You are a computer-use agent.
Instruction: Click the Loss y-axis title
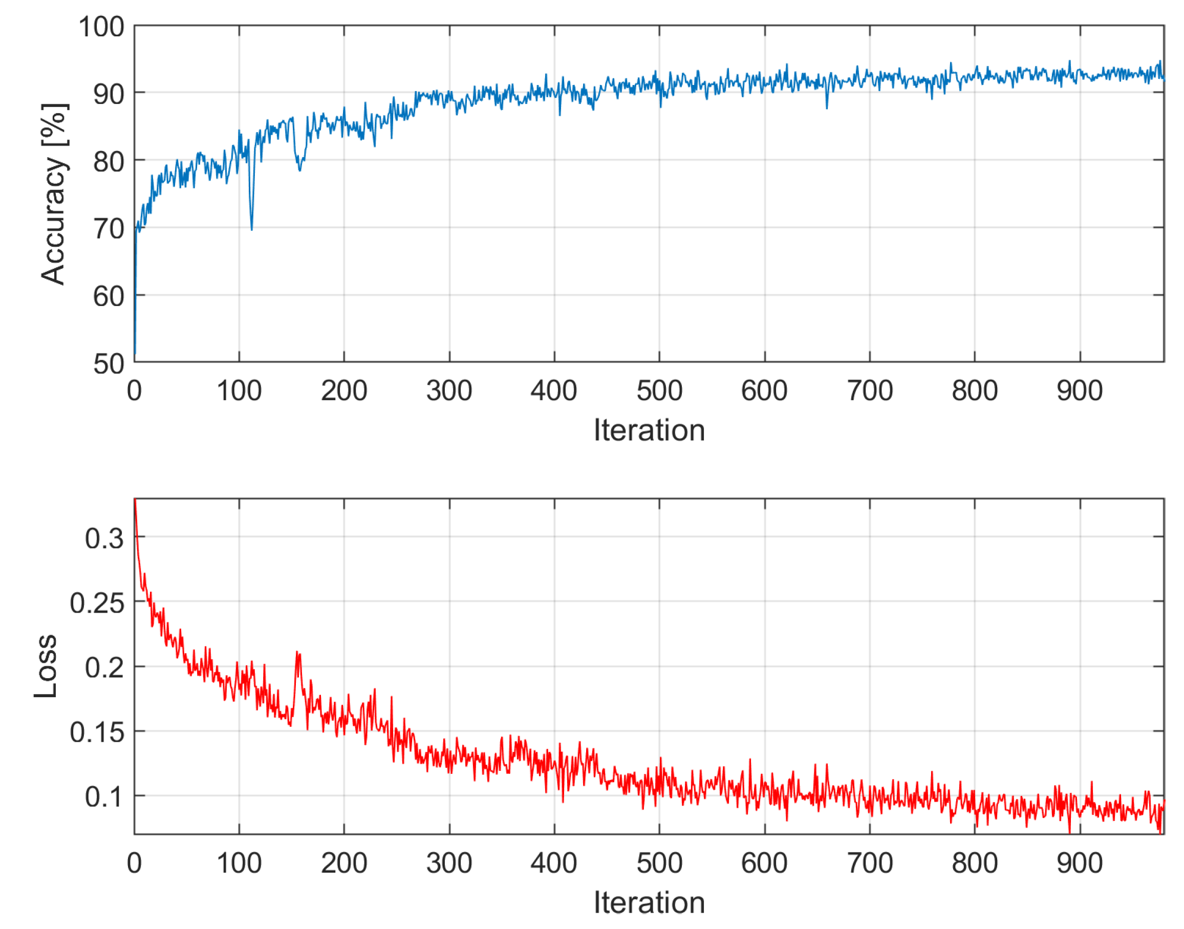(x=46, y=666)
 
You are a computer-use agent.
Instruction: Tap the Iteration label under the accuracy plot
(x=649, y=430)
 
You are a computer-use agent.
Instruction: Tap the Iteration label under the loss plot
(x=649, y=903)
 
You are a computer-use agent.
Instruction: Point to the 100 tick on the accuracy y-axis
(x=102, y=27)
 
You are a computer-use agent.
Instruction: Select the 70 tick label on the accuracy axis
(x=109, y=229)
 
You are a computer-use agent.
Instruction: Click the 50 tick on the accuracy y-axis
(x=109, y=363)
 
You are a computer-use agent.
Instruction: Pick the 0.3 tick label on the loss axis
(x=104, y=538)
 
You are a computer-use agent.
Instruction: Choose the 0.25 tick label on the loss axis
(x=97, y=603)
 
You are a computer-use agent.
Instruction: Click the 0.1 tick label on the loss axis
(x=104, y=797)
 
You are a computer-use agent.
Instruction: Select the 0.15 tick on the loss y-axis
(x=97, y=732)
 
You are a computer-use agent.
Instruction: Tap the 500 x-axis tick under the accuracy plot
(x=659, y=391)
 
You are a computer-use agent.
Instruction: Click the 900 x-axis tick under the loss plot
(x=1080, y=863)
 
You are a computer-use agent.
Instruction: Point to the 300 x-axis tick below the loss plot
(x=449, y=863)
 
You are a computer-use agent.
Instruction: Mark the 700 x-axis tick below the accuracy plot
(x=870, y=391)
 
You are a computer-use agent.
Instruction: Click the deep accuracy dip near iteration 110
(x=251, y=228)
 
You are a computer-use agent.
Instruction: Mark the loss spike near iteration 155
(x=297, y=652)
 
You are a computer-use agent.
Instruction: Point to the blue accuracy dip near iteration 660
(x=827, y=107)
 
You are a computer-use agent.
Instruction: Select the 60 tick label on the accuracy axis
(x=109, y=296)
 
